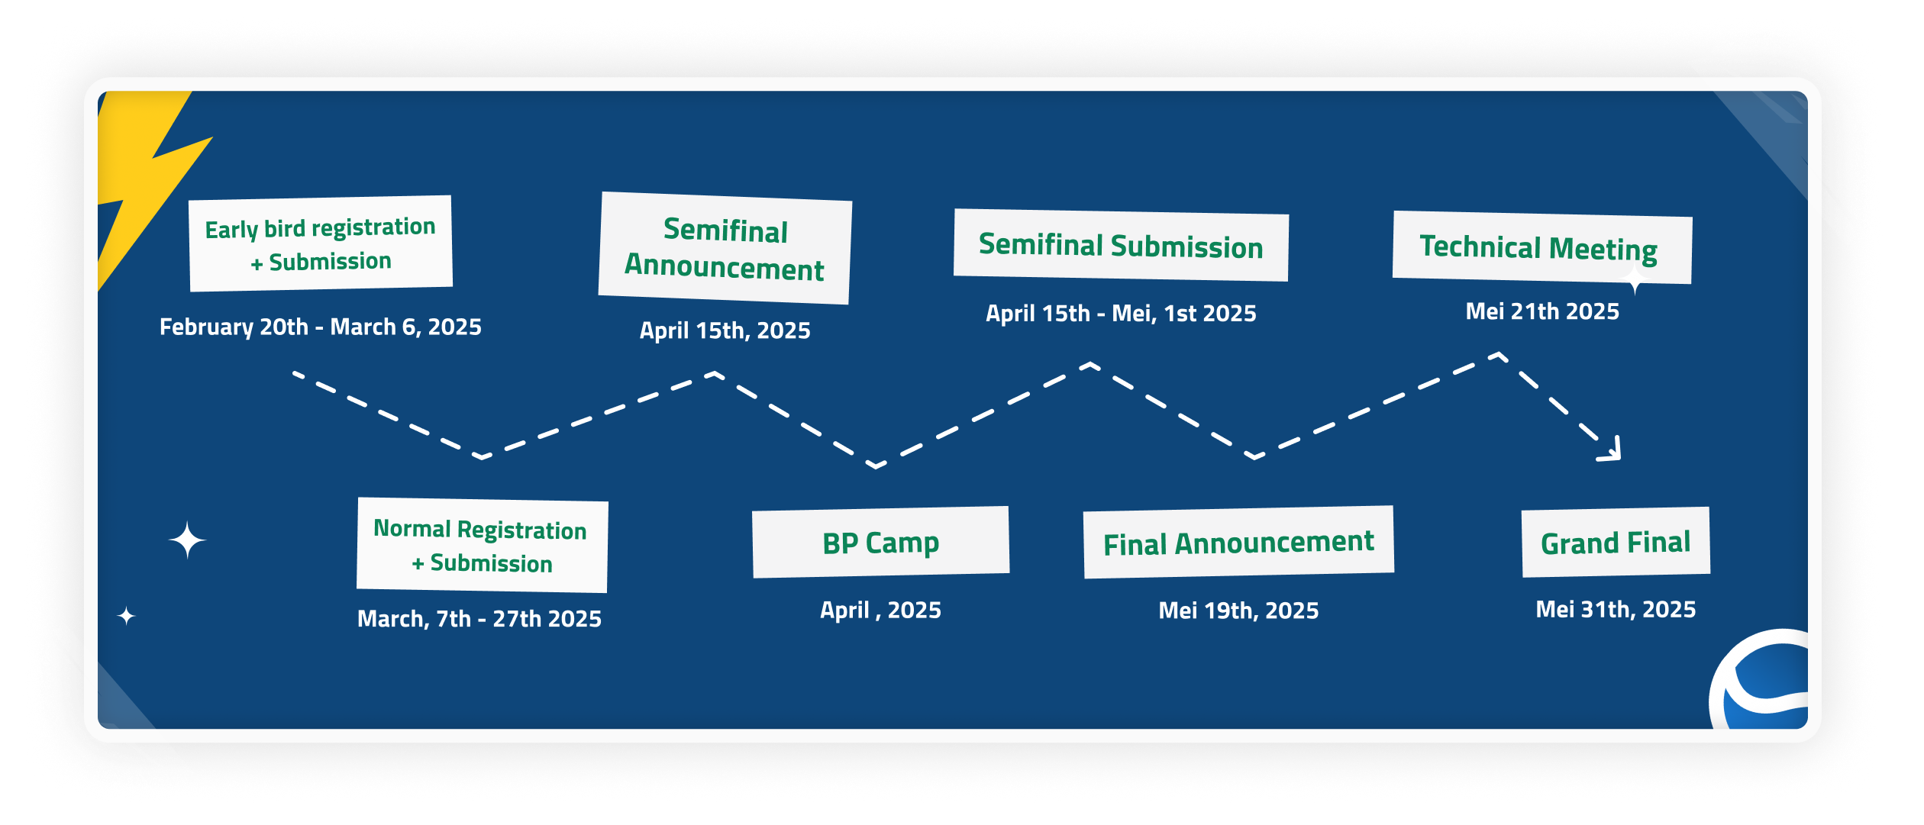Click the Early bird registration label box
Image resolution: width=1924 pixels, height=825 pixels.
321,243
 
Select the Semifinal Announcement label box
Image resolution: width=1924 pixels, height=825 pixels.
725,248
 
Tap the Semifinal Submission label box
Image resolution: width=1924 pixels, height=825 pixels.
1121,245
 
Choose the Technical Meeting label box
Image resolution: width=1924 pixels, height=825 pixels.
1541,247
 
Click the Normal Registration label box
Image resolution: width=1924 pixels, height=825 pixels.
482,545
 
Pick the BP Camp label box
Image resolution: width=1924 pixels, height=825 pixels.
880,542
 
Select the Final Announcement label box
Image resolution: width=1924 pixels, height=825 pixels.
1238,542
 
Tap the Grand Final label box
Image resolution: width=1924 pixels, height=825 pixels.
1616,542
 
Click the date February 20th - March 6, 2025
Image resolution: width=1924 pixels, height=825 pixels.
321,327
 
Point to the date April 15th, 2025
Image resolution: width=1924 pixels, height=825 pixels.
725,330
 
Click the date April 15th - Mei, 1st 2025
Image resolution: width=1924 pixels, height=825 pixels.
1121,313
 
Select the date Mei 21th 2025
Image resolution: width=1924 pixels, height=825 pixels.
1541,311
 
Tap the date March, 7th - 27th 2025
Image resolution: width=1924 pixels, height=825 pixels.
479,618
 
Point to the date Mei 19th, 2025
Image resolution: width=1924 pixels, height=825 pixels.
1238,611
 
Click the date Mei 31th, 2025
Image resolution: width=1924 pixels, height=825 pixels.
1616,609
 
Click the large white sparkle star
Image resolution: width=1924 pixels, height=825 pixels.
187,540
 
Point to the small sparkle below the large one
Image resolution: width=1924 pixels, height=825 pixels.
126,615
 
